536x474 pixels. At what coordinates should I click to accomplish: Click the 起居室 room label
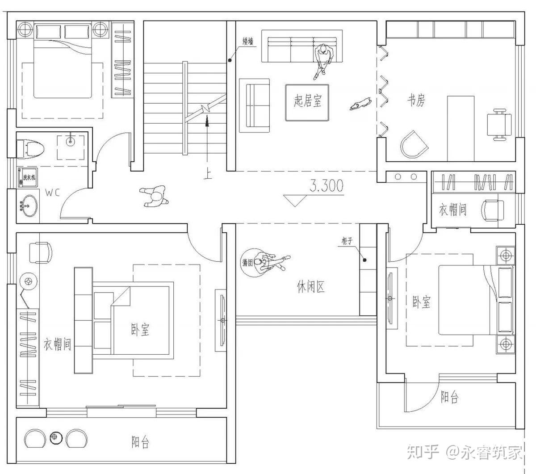point(307,101)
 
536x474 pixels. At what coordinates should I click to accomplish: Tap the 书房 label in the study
point(415,101)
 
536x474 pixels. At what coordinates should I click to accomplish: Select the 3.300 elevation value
point(327,186)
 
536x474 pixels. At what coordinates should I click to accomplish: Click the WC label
point(53,193)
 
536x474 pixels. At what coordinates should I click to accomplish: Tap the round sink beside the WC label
point(28,206)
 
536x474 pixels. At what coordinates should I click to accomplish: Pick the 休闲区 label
point(310,286)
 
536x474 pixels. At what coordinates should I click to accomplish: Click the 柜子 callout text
point(348,241)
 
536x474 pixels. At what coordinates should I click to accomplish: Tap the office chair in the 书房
point(498,125)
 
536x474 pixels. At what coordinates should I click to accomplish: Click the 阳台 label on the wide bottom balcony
point(140,442)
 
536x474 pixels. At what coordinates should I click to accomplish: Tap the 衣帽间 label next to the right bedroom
point(452,210)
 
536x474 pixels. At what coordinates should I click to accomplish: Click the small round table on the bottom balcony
point(55,438)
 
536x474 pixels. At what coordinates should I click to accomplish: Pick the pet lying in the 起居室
point(361,104)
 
